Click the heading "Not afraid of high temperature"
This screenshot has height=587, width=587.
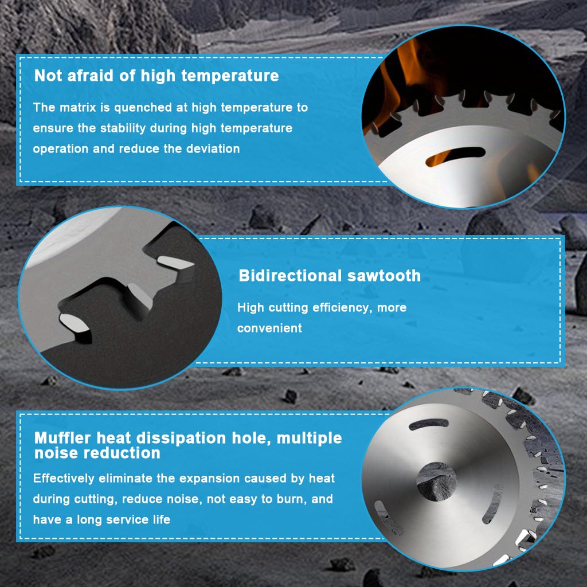pos(156,75)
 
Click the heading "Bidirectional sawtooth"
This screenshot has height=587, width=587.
pos(330,276)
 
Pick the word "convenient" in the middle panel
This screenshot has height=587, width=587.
pos(269,328)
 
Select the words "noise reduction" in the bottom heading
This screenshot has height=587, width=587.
pos(97,453)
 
